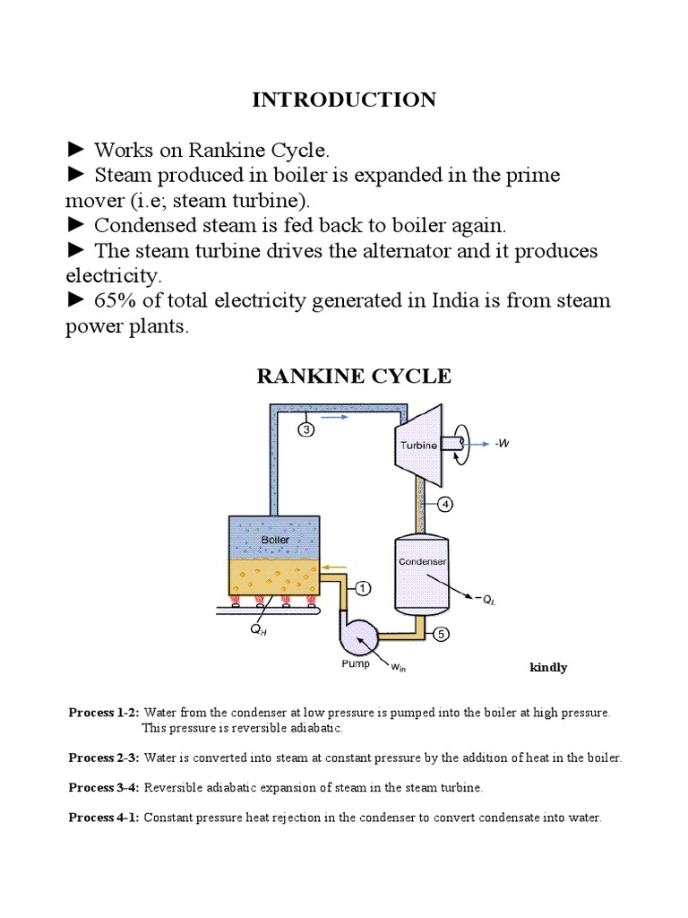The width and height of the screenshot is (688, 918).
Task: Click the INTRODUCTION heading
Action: point(344,100)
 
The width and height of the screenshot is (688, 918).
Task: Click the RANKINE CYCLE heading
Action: point(354,377)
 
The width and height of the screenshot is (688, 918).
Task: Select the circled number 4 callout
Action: point(445,504)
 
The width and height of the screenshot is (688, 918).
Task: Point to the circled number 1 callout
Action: point(363,588)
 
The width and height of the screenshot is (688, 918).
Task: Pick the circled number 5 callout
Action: point(441,634)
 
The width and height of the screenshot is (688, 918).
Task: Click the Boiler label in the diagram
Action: point(275,541)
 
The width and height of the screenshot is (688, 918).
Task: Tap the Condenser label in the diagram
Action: point(422,562)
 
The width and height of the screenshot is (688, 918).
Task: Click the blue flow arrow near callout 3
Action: point(333,417)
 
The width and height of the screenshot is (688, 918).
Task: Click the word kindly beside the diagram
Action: point(548,668)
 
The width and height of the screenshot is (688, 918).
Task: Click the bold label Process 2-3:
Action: point(104,758)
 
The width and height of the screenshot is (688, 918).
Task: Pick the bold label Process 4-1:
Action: point(104,818)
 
